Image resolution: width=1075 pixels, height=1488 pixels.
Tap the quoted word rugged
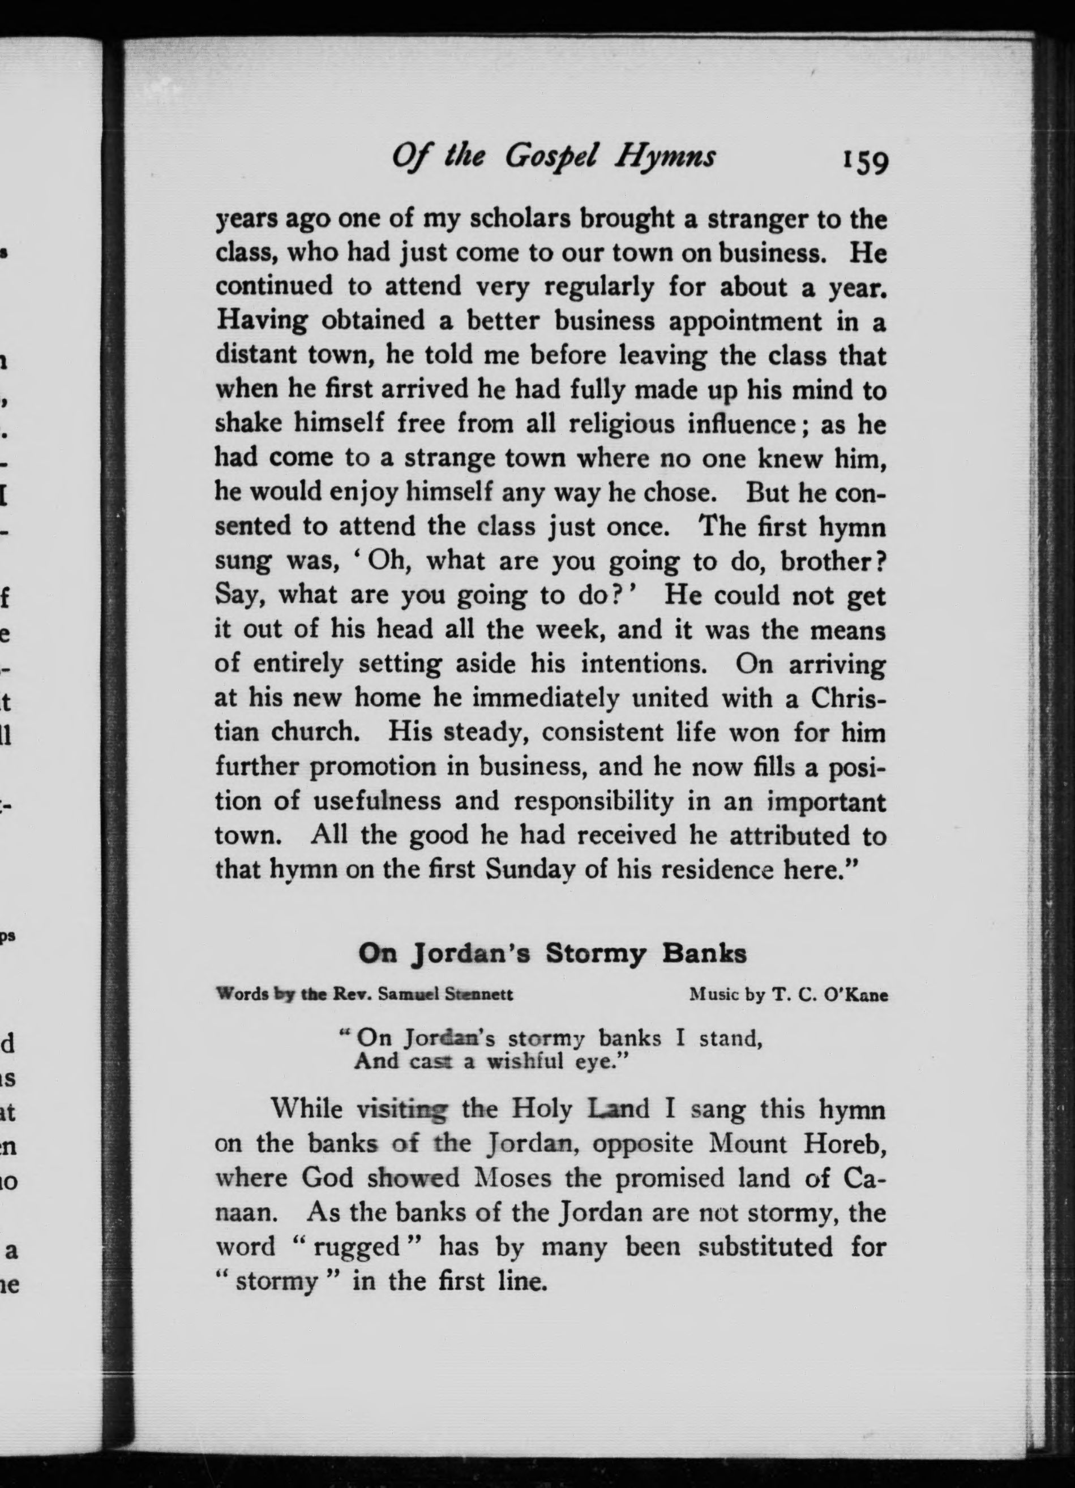pyautogui.click(x=357, y=1246)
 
